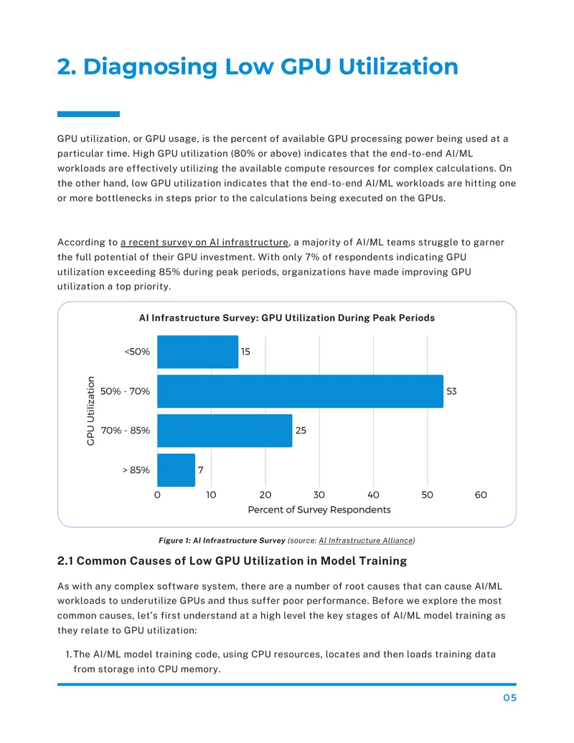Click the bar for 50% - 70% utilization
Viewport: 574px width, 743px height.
click(x=300, y=391)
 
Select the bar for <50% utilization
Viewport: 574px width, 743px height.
click(x=197, y=352)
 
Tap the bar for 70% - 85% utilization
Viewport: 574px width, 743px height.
click(x=225, y=431)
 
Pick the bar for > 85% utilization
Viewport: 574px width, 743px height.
click(x=177, y=470)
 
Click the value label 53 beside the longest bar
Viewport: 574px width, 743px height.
click(x=451, y=391)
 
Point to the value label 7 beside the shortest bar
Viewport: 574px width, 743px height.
click(x=201, y=470)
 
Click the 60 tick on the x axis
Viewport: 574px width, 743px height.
click(x=481, y=495)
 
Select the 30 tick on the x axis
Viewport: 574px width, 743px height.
click(x=319, y=495)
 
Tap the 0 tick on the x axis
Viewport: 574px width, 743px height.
click(x=157, y=495)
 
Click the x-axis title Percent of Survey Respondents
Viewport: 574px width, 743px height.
click(x=319, y=510)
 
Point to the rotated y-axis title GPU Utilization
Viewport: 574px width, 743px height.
click(x=90, y=411)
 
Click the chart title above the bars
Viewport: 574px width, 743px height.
click(x=286, y=318)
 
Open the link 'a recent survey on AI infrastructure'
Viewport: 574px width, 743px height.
click(x=204, y=243)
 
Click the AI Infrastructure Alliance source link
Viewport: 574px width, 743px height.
click(x=366, y=541)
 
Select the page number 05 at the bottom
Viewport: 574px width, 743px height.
click(x=509, y=698)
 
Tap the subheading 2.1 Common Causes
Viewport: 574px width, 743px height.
click(x=232, y=561)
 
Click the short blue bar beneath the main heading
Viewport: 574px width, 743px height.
click(x=88, y=114)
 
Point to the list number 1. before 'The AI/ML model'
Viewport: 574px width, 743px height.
click(x=69, y=655)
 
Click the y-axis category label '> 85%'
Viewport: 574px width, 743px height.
click(x=136, y=470)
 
